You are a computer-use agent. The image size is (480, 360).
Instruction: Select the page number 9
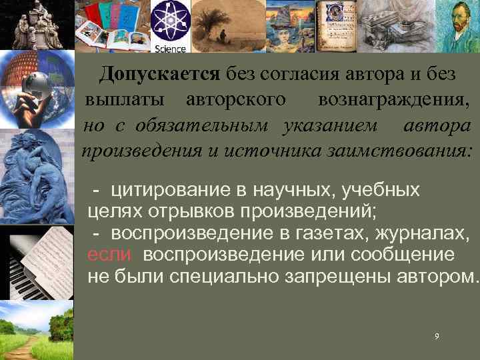(x=436, y=337)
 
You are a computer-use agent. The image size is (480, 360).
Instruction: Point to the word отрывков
(x=181, y=211)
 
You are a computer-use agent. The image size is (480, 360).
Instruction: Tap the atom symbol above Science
(x=170, y=22)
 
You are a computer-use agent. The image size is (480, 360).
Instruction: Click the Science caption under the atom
(x=170, y=48)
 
